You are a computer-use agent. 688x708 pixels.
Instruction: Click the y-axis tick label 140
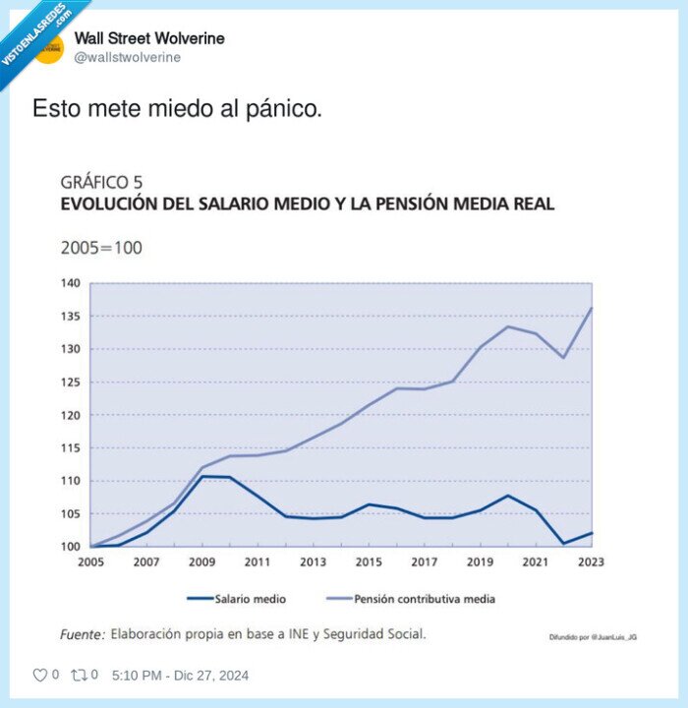click(x=70, y=283)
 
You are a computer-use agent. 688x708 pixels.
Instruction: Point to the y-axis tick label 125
click(x=70, y=383)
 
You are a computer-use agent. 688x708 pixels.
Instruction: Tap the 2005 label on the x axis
click(x=90, y=562)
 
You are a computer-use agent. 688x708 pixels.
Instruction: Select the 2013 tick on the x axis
click(x=314, y=562)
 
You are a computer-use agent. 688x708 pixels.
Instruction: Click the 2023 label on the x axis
click(x=592, y=562)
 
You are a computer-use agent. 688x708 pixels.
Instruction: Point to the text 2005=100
click(x=101, y=248)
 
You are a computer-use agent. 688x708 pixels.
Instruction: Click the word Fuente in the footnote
click(x=82, y=634)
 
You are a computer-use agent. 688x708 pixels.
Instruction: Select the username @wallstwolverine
click(x=128, y=57)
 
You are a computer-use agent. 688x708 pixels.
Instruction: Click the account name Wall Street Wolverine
click(x=149, y=38)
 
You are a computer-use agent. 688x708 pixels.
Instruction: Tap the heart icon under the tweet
click(x=40, y=676)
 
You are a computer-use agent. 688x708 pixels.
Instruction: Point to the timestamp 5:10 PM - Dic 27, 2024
click(x=181, y=676)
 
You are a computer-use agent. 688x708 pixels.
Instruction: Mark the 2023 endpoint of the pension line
click(x=592, y=308)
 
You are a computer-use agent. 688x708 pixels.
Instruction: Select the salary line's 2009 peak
click(x=202, y=476)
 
